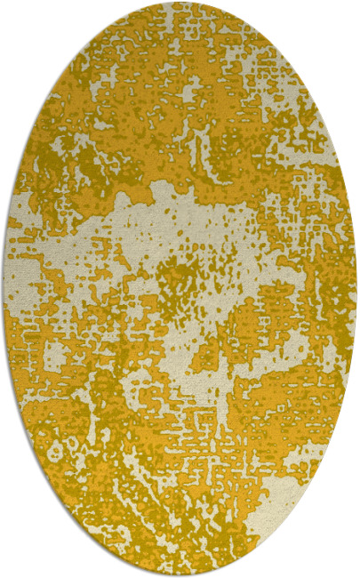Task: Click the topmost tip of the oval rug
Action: click(180, 4)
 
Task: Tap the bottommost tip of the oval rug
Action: click(180, 574)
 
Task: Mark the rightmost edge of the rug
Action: click(356, 289)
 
